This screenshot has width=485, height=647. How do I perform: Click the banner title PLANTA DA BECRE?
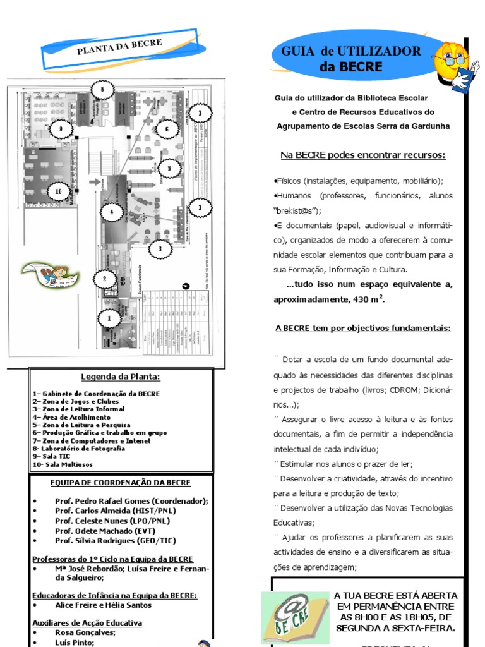[x=120, y=48]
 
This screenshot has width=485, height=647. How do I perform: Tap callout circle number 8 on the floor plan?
[x=102, y=90]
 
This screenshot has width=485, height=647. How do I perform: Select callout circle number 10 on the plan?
[x=59, y=191]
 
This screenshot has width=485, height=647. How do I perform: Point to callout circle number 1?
[x=109, y=318]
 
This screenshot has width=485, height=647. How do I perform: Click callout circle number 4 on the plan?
[x=112, y=212]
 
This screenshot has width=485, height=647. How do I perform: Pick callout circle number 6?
[x=167, y=130]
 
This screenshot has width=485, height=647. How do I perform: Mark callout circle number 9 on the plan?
[x=61, y=130]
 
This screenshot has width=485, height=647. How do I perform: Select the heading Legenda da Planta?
[x=121, y=377]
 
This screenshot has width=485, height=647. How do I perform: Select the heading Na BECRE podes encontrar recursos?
[x=362, y=155]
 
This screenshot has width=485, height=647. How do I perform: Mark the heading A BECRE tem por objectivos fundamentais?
[x=362, y=329]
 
